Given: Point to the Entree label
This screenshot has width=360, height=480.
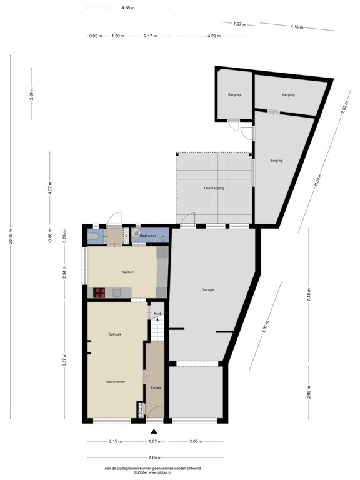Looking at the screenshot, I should (x=156, y=387).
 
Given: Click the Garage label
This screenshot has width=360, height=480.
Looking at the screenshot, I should (x=207, y=290).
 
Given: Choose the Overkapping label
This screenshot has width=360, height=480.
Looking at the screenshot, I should (x=214, y=187).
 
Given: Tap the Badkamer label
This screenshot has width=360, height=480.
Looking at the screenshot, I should (x=147, y=235).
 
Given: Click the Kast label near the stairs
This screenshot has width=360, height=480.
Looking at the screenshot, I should (x=158, y=313).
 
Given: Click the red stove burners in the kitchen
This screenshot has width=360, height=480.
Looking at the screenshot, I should (x=99, y=292).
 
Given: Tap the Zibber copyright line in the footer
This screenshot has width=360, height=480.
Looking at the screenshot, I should (x=153, y=472).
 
